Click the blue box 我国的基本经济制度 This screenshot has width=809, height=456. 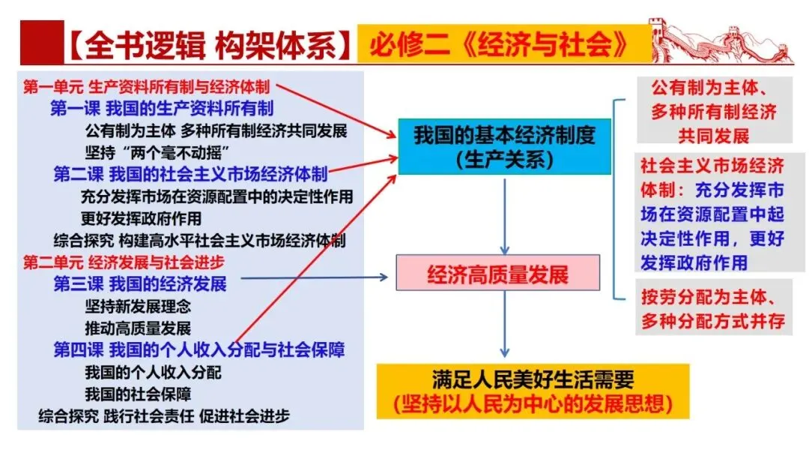click(x=504, y=146)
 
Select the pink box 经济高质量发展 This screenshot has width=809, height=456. click(x=498, y=274)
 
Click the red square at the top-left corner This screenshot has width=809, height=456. click(x=38, y=43)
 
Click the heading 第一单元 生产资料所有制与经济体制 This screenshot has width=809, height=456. click(x=147, y=86)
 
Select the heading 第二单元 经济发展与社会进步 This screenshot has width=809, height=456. click(x=124, y=262)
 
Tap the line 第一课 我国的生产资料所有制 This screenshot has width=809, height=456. click(x=162, y=109)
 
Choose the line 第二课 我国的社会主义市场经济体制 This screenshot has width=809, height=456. click(x=190, y=175)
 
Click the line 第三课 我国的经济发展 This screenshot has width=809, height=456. click(x=139, y=284)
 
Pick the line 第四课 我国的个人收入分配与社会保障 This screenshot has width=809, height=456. click(x=199, y=349)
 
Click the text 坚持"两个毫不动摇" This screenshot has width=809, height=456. click(x=147, y=153)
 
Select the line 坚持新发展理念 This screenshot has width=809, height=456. click(x=138, y=306)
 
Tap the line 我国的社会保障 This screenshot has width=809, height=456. click(x=138, y=394)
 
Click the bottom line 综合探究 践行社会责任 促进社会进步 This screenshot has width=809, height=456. click(x=164, y=415)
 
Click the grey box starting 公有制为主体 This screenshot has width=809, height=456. click(x=713, y=112)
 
